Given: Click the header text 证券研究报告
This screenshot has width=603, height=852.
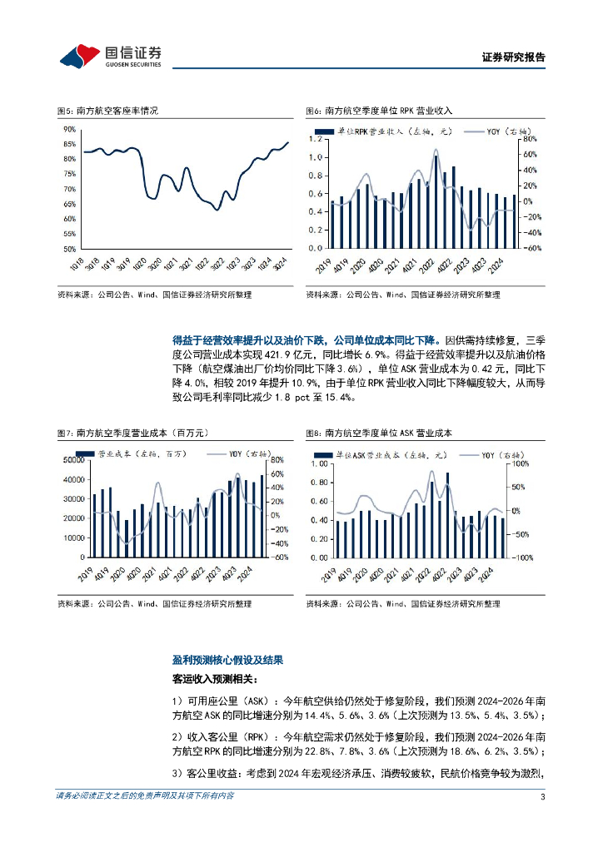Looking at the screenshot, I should tap(514, 57).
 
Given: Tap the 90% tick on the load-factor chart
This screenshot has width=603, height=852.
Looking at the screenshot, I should tap(69, 129).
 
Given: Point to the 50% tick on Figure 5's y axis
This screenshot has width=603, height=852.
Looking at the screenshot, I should tap(69, 249).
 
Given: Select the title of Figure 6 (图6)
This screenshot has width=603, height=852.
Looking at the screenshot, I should tap(379, 111).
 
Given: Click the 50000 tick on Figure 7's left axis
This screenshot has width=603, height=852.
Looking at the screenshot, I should tap(72, 460).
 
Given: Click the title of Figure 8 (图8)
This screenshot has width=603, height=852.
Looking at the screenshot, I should tap(378, 433).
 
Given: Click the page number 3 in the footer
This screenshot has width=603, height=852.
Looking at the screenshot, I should tap(542, 797).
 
